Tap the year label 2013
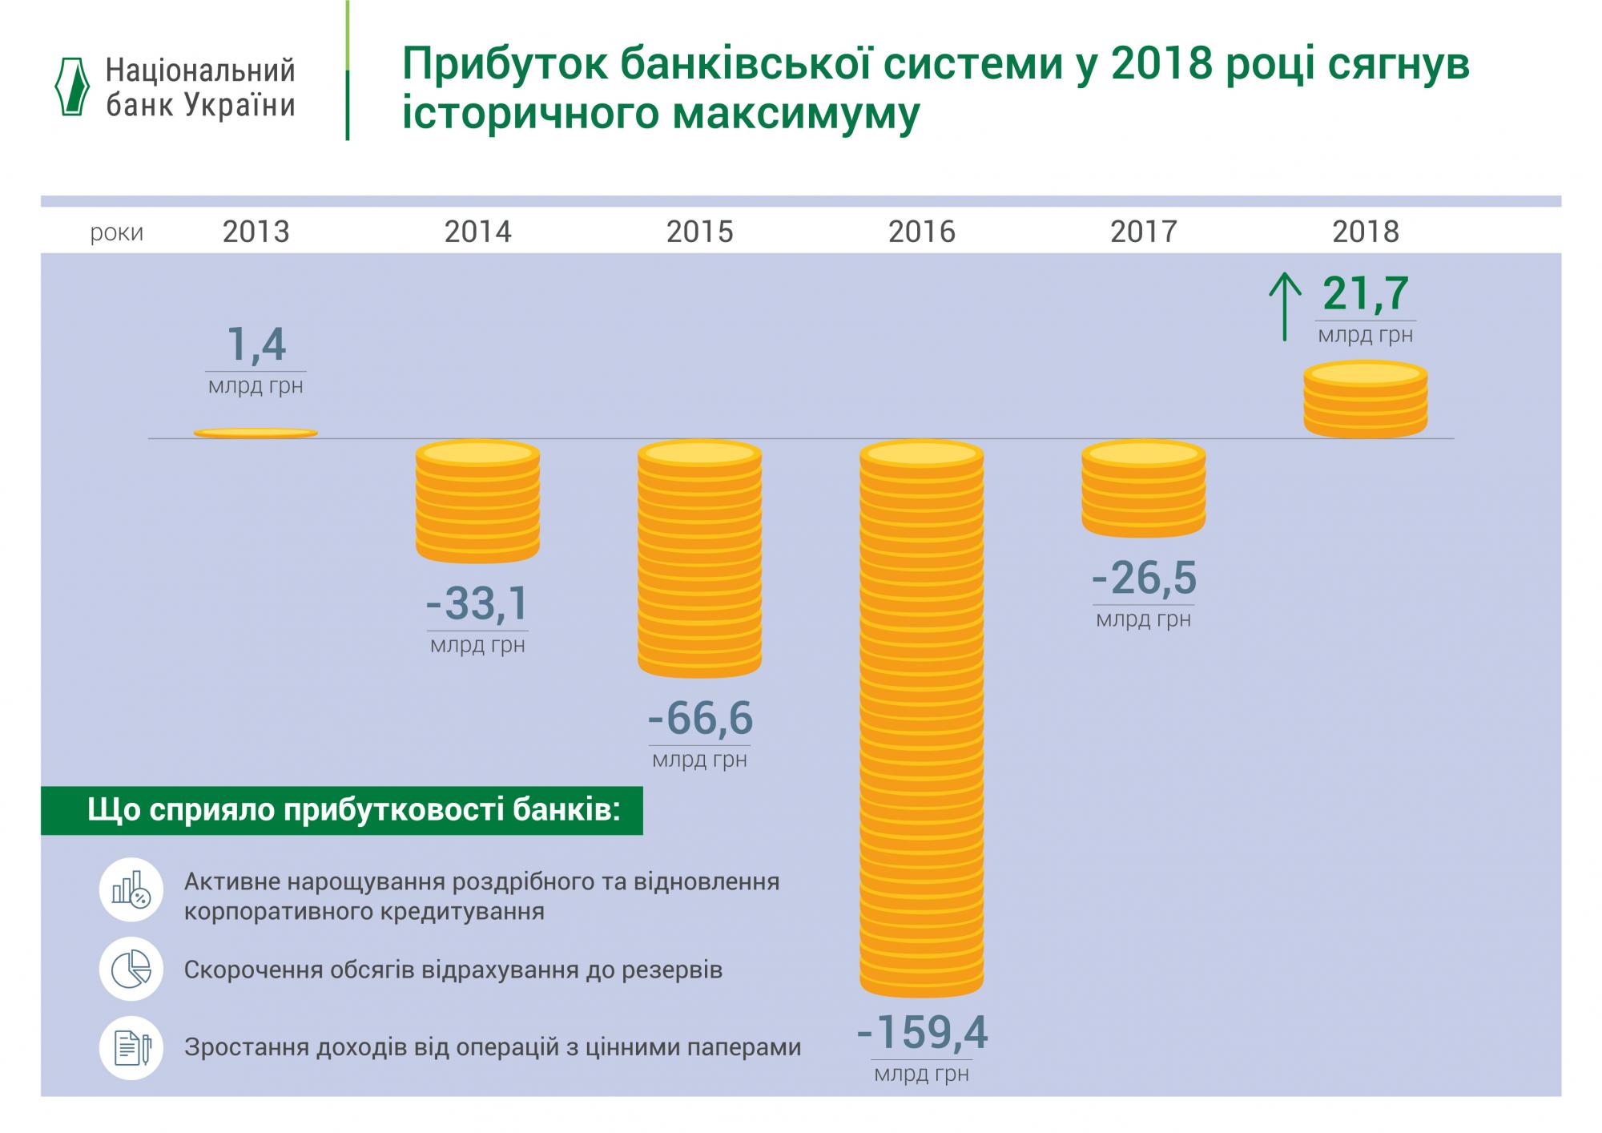[256, 232]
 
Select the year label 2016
[921, 232]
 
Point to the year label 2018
[1365, 232]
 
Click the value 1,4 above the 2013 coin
[256, 345]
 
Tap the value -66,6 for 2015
[700, 718]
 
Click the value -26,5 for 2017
[1144, 578]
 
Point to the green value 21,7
[1365, 293]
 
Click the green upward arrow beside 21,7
[1285, 306]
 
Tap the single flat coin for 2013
[256, 433]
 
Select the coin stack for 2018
[1365, 399]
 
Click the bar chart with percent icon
[131, 889]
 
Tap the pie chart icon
[131, 970]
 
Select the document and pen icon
[131, 1047]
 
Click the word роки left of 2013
[117, 233]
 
